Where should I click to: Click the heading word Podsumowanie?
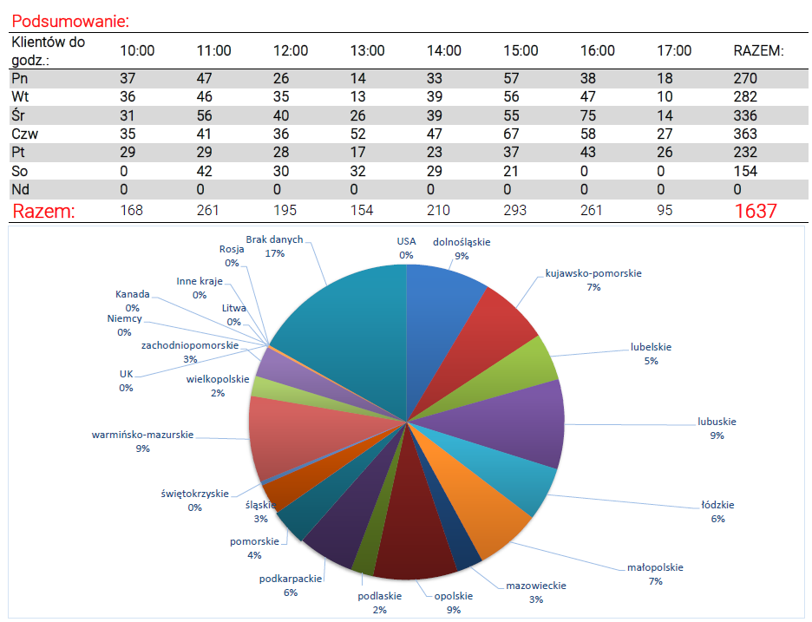[69, 21]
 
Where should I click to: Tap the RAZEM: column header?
[758, 50]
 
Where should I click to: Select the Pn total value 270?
[745, 79]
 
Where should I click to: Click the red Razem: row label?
[43, 211]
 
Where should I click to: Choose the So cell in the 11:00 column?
[205, 171]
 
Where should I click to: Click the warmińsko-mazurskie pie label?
[142, 434]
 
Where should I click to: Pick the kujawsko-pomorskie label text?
[593, 273]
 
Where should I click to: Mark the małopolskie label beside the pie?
[655, 567]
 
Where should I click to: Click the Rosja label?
[232, 249]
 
